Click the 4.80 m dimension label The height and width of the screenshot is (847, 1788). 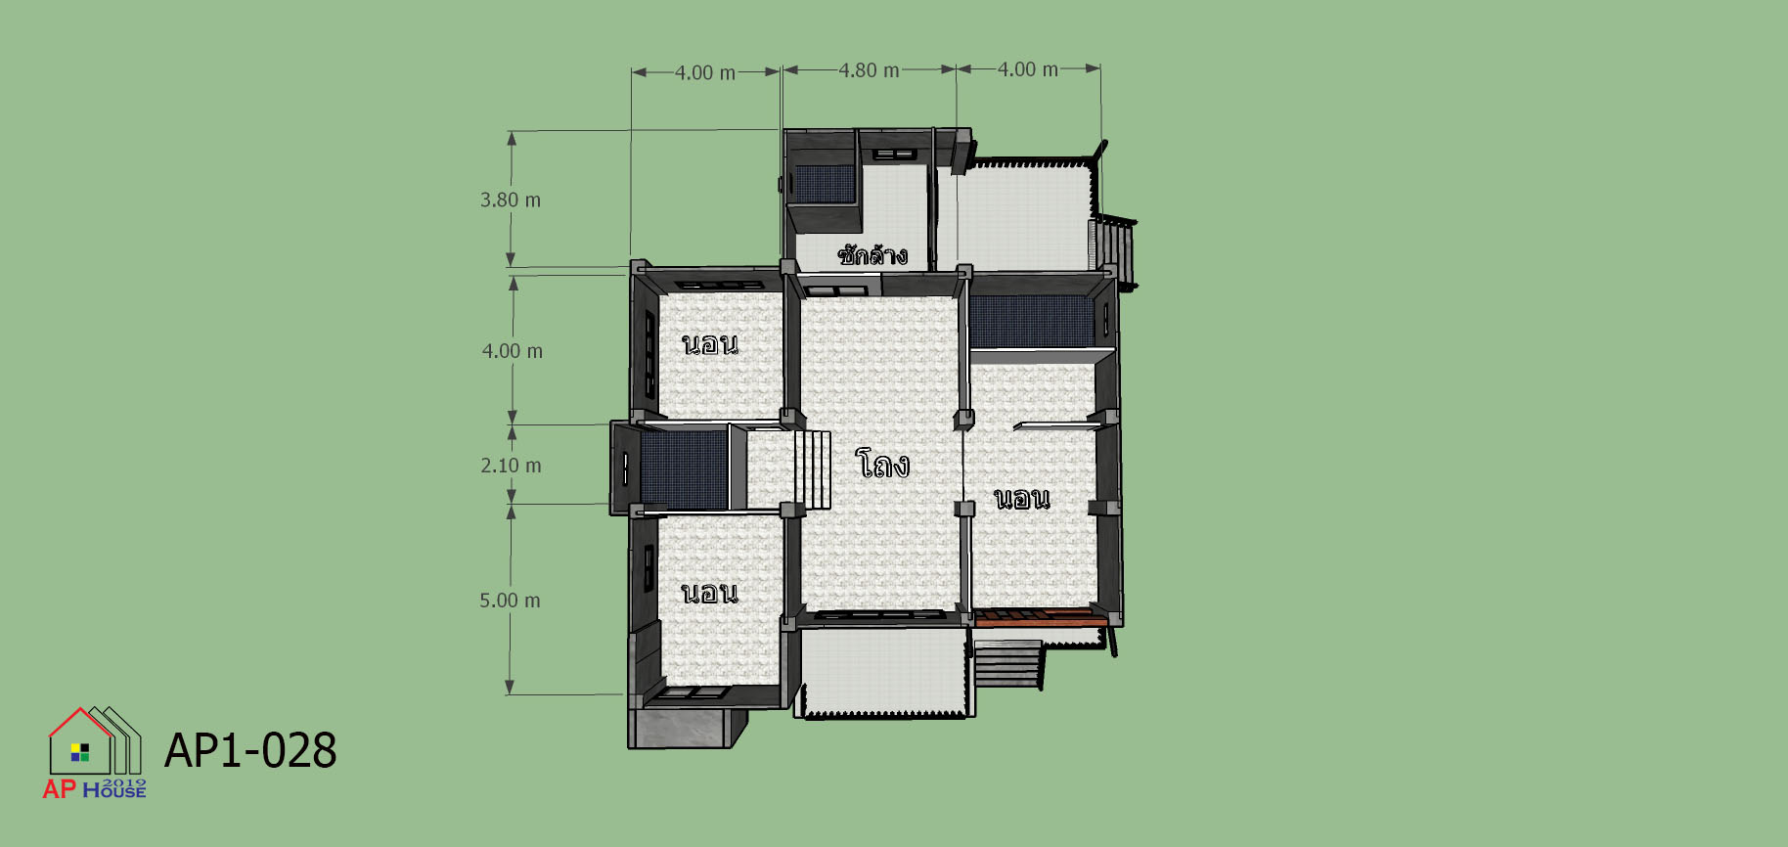869,70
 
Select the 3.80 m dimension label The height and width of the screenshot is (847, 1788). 510,200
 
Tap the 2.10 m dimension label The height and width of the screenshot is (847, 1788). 511,466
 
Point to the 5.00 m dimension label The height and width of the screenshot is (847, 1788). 510,601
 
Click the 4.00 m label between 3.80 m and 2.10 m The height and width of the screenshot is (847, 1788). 512,351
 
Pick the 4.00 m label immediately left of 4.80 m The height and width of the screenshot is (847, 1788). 705,73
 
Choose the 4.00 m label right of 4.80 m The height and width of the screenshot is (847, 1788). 1028,69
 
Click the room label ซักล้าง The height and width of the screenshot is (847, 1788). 872,254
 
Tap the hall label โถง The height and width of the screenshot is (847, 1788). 882,464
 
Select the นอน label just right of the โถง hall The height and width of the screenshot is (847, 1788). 1022,499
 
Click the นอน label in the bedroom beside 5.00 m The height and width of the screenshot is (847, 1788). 710,593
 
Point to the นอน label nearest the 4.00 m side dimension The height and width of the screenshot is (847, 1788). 710,344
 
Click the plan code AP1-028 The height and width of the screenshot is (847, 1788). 250,751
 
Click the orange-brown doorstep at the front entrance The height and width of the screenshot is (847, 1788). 1041,616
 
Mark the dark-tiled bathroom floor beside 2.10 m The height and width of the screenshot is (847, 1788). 684,470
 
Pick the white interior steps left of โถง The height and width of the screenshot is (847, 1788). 812,469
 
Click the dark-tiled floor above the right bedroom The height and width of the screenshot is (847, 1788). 1032,322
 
